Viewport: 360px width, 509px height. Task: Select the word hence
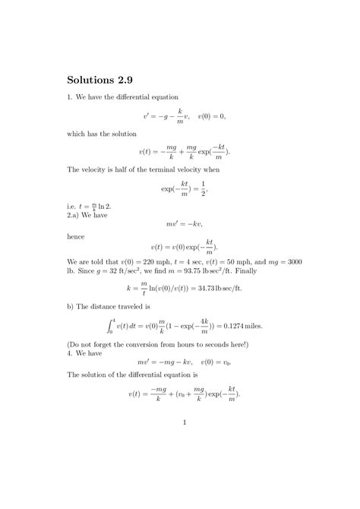click(77, 236)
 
